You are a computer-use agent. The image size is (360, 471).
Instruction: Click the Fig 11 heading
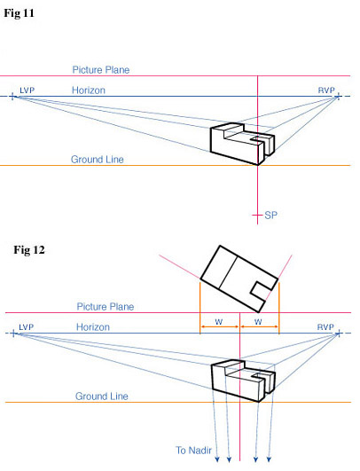(x=19, y=13)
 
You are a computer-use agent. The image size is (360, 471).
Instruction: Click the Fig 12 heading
(x=29, y=250)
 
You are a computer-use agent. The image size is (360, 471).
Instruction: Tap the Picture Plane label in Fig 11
(x=101, y=70)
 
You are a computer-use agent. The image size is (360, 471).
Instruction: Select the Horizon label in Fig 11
(x=89, y=90)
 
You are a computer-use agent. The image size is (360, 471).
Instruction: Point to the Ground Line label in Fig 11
(x=98, y=159)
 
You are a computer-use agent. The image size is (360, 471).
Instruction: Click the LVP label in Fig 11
(x=27, y=90)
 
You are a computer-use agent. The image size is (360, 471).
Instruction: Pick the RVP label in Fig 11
(x=326, y=90)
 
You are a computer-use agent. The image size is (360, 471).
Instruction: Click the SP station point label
(x=270, y=215)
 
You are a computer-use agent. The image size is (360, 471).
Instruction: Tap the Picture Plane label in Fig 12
(x=106, y=307)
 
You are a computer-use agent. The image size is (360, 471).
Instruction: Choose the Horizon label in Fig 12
(x=93, y=326)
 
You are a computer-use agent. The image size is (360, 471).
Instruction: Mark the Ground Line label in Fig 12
(x=102, y=396)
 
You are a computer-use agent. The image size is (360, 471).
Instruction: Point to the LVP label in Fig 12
(x=26, y=326)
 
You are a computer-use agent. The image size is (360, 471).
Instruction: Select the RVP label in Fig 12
(x=325, y=326)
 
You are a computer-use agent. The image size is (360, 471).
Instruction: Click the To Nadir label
(x=193, y=451)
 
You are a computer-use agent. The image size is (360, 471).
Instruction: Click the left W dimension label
(x=219, y=322)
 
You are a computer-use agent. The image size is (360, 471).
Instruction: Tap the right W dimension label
(x=258, y=322)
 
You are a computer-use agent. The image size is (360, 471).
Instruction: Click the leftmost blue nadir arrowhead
(x=217, y=459)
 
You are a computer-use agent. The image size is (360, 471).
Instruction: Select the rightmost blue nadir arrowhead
(x=269, y=459)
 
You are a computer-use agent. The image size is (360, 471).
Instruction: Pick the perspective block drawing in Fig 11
(x=242, y=144)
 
